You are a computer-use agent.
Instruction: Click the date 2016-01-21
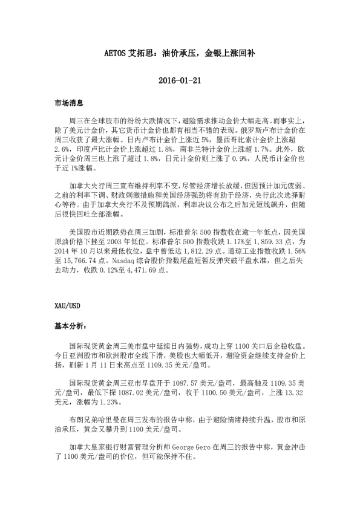(180, 80)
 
